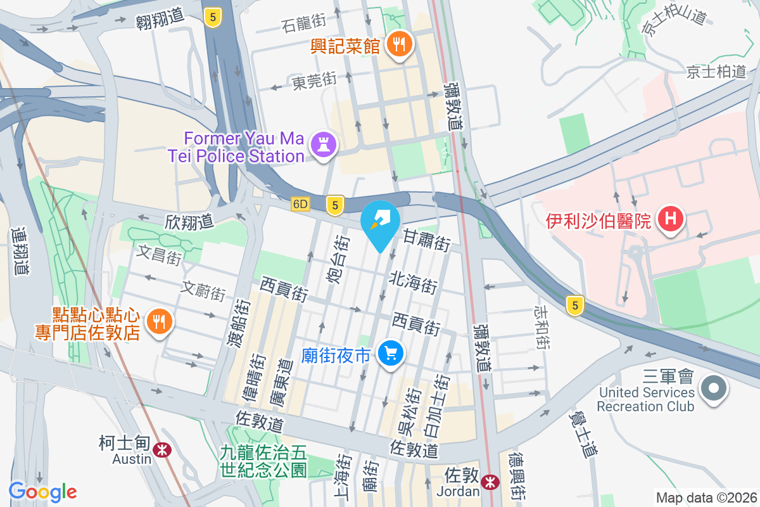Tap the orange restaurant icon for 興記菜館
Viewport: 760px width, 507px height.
tap(400, 44)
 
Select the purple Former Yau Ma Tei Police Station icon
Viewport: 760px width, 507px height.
tap(324, 145)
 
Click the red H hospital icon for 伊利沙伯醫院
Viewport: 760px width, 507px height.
tap(670, 220)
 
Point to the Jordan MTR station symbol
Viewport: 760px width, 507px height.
tap(489, 482)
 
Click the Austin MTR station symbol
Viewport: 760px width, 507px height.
tap(163, 450)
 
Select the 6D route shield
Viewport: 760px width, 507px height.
tap(301, 205)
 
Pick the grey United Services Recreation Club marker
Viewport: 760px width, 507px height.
tap(714, 388)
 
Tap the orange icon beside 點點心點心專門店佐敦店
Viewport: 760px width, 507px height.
tap(158, 322)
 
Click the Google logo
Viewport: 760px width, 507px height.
tap(43, 492)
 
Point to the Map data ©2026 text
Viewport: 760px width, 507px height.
tap(706, 497)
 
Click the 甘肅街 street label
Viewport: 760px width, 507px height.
tap(426, 240)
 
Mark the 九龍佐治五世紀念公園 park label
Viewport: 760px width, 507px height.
tap(263, 461)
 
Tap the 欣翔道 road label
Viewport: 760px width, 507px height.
tap(189, 222)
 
